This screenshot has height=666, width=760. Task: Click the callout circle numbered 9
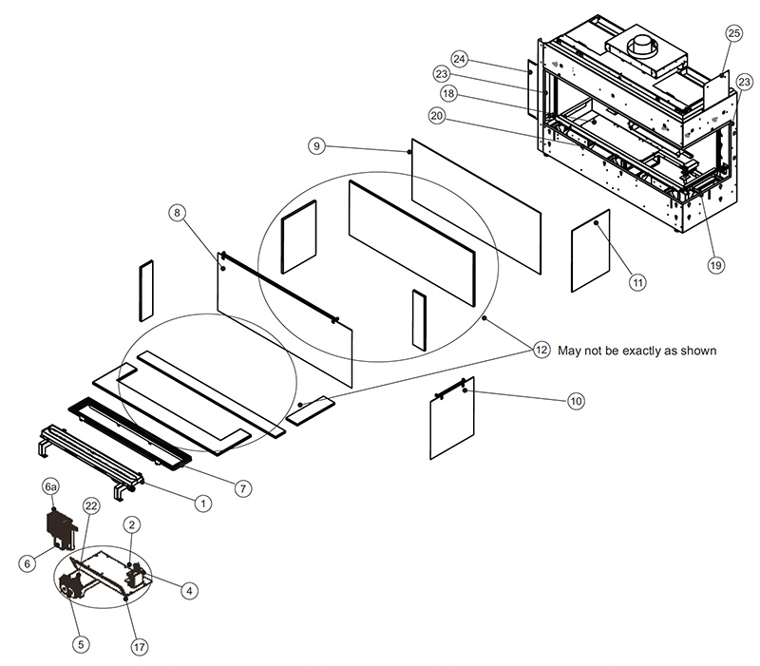coord(317,145)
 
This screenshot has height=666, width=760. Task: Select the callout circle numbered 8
coord(178,213)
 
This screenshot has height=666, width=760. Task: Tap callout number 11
coord(636,282)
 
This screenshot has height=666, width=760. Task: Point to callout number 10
coord(576,401)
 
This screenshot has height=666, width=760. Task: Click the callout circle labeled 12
coord(541,350)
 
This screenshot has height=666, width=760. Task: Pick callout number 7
coord(243,488)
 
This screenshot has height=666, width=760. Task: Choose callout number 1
coord(201,504)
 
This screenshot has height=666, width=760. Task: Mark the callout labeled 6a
coord(52,485)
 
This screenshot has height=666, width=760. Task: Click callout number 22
coord(90,505)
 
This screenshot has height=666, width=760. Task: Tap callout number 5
coord(81,643)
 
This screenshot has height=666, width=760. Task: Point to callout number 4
coord(190,590)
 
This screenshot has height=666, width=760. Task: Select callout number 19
coord(715,266)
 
